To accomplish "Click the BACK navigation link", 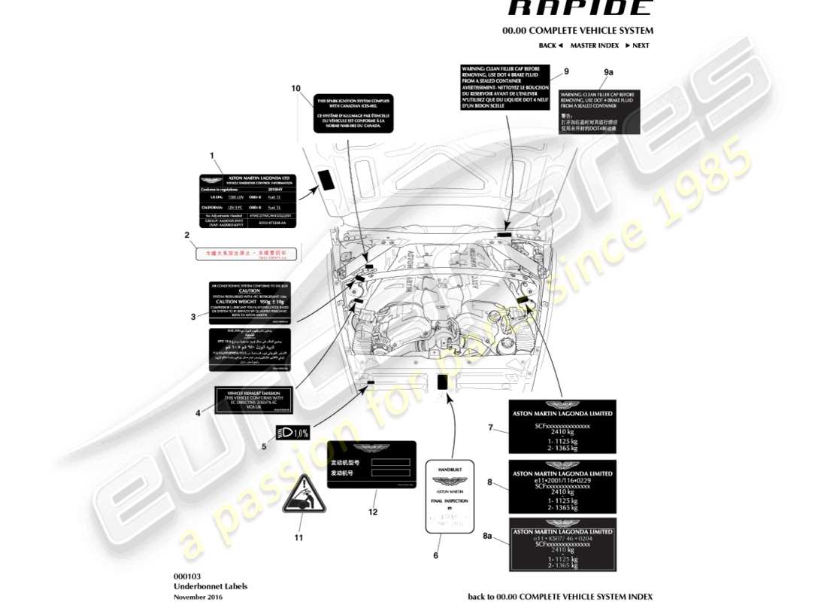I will coord(550,45).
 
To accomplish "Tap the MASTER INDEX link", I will coord(594,45).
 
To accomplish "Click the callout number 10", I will coord(296,88).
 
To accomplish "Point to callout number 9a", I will coord(609,71).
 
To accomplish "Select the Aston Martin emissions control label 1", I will coord(247,201).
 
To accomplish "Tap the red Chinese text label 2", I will coord(246,254).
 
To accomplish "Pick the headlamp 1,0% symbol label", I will coord(292,433).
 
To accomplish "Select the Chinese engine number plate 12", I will coord(372,464).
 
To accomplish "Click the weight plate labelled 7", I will coord(562,427).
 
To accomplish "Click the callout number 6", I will coord(435,555).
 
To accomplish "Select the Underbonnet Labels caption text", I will coord(210,586).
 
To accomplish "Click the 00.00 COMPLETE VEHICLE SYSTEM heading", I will coord(577,31).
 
